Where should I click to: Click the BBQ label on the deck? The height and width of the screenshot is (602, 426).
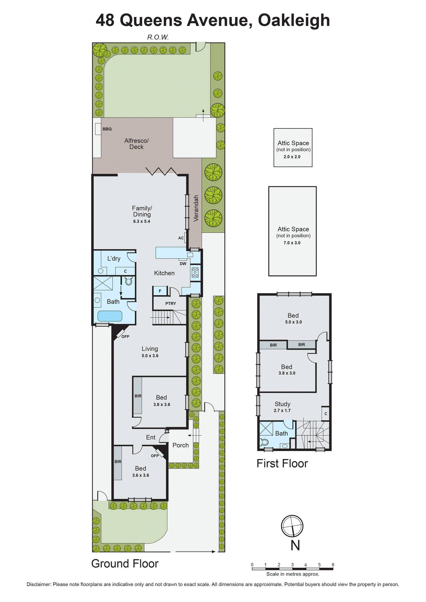(x=107, y=129)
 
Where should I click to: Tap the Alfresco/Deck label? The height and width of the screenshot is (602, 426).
(x=137, y=144)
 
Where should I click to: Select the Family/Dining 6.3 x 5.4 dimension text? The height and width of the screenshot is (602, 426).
(x=141, y=222)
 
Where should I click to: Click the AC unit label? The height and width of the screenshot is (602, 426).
(x=181, y=238)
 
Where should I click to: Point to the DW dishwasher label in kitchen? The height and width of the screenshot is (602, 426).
(x=183, y=264)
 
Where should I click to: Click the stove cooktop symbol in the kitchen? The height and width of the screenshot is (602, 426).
(x=195, y=272)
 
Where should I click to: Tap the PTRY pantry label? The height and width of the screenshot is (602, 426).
(x=170, y=304)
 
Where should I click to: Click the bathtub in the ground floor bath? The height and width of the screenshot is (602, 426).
(x=110, y=316)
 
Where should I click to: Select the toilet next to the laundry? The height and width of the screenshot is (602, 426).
(x=128, y=281)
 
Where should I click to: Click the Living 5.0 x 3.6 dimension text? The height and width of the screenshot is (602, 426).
(x=150, y=356)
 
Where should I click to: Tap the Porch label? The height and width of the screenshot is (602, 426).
(x=181, y=445)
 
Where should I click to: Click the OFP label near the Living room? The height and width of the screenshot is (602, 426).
(x=125, y=336)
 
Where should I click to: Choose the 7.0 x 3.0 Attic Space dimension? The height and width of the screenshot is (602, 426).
(x=292, y=243)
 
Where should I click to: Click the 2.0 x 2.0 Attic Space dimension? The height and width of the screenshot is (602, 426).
(x=292, y=157)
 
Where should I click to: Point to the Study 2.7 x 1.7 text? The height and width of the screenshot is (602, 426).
(x=282, y=410)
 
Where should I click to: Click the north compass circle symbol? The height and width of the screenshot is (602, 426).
(x=292, y=526)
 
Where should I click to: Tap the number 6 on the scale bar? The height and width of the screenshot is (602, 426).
(x=333, y=565)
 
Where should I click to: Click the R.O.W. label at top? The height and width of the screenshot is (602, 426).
(x=158, y=37)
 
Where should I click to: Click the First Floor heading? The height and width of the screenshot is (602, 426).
(x=282, y=464)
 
